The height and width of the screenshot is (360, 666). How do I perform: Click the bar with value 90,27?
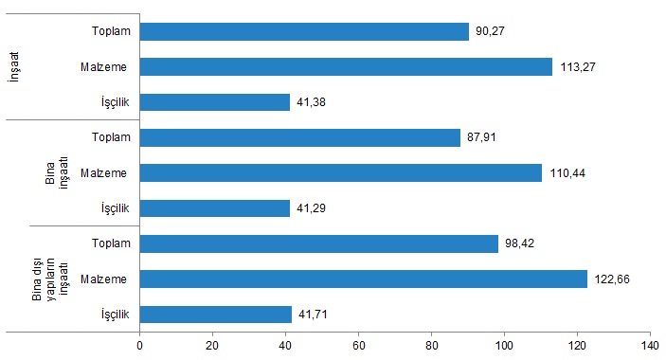[x=304, y=31]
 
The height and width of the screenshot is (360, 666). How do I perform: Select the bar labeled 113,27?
[x=346, y=66]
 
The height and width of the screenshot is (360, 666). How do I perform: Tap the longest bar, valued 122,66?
[x=364, y=279]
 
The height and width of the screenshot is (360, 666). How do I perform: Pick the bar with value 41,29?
[x=215, y=208]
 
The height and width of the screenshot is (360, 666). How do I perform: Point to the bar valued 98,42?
[x=319, y=243]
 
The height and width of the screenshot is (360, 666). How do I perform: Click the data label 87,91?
[x=481, y=137]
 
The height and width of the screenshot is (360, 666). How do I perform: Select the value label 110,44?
[x=567, y=173]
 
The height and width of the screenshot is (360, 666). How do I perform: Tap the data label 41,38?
[x=311, y=102]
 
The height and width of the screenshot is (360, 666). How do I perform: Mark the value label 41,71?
[x=313, y=315]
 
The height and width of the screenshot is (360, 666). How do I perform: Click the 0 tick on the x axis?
[x=140, y=346]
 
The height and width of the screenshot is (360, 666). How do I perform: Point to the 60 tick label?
[x=358, y=346]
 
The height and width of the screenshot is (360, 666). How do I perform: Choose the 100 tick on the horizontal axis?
[x=504, y=346]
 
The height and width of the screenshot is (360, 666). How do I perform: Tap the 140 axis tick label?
[x=650, y=346]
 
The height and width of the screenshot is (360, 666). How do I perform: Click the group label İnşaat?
[x=14, y=66]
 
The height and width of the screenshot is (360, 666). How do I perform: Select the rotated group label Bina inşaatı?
[x=57, y=172]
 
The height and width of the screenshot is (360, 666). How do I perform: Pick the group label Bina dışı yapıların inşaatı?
[x=50, y=279]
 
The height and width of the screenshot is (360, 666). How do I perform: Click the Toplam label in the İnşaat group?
[x=111, y=31]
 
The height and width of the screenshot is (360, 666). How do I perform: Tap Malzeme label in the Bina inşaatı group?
[x=103, y=172]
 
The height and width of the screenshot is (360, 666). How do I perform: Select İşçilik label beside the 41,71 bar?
[x=116, y=315]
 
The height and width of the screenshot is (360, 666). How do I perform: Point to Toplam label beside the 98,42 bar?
[x=111, y=243]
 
